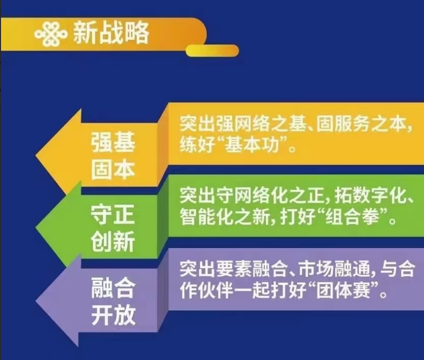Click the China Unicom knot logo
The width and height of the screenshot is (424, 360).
click(x=51, y=34)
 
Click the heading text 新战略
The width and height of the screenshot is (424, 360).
click(x=111, y=33)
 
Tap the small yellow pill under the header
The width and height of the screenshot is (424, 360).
click(x=212, y=50)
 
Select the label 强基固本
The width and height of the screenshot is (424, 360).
click(x=113, y=156)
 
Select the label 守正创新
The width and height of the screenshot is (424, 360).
click(x=113, y=228)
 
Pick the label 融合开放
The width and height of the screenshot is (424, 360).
click(x=113, y=301)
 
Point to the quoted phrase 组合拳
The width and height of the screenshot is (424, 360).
click(x=352, y=217)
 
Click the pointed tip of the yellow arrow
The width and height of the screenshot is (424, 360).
click(x=36, y=156)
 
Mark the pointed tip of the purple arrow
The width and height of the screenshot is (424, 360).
click(x=36, y=301)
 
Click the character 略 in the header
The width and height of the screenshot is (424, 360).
click(x=137, y=33)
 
